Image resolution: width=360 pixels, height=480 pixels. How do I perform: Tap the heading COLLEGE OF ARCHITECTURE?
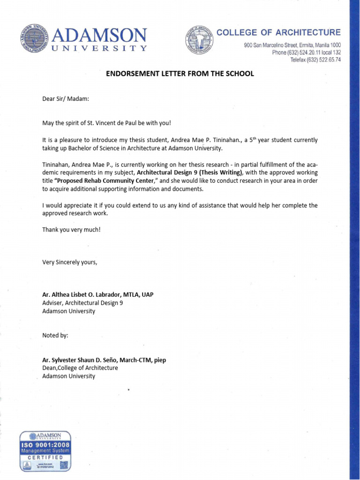pos(278,32)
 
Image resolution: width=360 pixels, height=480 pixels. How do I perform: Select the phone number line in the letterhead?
pos(307,52)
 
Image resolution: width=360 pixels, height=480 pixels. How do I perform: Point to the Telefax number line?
pos(315,60)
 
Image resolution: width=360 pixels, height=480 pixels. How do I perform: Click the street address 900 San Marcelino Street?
pos(292,45)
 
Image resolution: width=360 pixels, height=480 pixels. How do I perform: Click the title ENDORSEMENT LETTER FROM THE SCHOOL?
pos(180,74)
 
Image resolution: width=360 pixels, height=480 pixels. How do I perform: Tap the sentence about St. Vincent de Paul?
pos(107,123)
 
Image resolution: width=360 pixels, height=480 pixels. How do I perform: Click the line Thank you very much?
pos(71,230)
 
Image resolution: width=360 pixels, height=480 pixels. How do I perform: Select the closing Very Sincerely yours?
pos(70,262)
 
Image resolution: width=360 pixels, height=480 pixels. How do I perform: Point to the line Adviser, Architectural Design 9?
pos(83,303)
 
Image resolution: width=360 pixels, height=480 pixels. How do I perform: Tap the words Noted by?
pos(55,336)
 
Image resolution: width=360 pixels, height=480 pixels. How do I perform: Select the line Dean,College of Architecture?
pos(80,368)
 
